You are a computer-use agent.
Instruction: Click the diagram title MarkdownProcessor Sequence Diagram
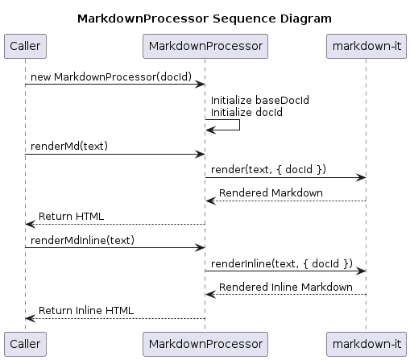click(x=205, y=19)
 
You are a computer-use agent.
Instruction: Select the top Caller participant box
click(x=25, y=46)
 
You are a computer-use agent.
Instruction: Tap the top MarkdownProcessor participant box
click(x=205, y=46)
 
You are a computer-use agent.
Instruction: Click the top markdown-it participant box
click(x=367, y=46)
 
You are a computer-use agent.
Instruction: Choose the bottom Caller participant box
click(x=25, y=344)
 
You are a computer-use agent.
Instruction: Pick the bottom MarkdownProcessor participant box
click(x=205, y=344)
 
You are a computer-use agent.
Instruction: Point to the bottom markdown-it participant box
click(x=367, y=344)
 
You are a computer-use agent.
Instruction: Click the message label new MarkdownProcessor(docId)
click(x=111, y=77)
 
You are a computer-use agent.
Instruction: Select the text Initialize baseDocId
click(x=260, y=100)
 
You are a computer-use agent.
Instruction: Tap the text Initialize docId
click(x=246, y=112)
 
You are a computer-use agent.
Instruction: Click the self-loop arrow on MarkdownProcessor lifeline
click(x=239, y=125)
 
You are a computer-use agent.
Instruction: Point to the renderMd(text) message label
click(x=69, y=146)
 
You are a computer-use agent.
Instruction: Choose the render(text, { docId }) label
click(x=268, y=169)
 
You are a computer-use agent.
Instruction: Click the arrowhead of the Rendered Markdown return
click(x=210, y=201)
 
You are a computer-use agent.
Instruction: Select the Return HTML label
click(x=71, y=217)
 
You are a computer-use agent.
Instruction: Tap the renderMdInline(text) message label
click(x=82, y=240)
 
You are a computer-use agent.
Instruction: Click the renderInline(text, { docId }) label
click(x=282, y=263)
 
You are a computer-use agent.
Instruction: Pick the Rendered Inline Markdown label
click(x=286, y=287)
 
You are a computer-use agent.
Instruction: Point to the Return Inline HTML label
click(x=86, y=311)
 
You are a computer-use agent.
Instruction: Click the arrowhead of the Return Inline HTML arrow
click(x=30, y=318)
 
